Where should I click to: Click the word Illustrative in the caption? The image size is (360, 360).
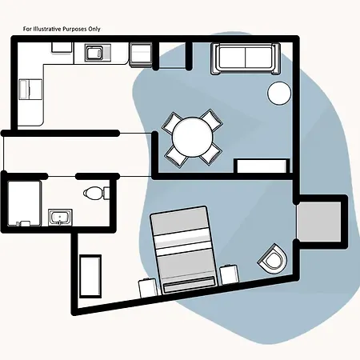pos(46,29)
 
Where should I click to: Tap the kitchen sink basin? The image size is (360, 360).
pos(94,53)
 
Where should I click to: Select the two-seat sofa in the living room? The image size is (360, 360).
pos(246,58)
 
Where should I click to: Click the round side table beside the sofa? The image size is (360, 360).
pos(279,93)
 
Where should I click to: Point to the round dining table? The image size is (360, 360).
pos(193,137)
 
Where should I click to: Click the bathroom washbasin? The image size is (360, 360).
pos(60,217)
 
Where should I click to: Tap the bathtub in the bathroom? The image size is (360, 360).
pos(24,203)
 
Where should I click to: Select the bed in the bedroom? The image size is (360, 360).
pos(183,250)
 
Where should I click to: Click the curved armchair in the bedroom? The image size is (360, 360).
pos(273,259)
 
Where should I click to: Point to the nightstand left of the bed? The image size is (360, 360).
pos(147,288)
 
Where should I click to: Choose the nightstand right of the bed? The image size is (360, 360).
pos(229,274)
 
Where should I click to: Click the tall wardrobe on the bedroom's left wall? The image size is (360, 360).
pos(90,276)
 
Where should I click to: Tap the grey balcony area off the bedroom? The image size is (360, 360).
pos(319,222)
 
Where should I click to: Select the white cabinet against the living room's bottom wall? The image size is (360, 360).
pos(262,166)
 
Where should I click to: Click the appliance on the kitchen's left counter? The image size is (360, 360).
pos(30,90)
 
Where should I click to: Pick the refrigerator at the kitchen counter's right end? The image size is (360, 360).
pos(141,54)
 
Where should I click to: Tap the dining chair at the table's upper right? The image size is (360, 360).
pos(211,121)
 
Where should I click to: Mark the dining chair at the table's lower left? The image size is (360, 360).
pos(175,156)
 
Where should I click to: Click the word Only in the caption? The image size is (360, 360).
pos(95,29)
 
